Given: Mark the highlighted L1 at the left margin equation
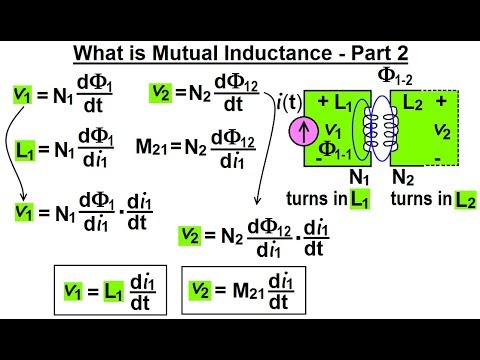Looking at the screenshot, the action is (x=28, y=151).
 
